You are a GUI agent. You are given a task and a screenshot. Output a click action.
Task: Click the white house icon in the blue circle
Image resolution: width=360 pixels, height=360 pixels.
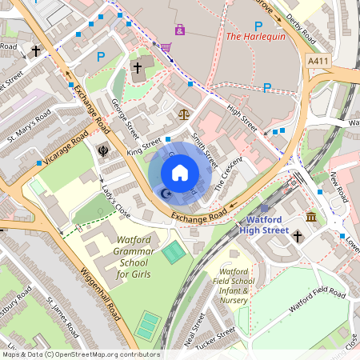(180, 172)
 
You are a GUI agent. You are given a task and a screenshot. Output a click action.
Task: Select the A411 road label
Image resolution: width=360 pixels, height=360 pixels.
(317, 60)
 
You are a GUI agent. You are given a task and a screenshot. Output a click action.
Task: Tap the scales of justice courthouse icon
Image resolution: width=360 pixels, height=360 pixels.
(186, 114)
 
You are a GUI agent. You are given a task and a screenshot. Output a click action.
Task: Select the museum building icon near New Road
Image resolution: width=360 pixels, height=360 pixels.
(311, 218)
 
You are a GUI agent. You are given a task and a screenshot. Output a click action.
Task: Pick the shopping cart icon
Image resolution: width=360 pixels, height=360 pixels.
(166, 48)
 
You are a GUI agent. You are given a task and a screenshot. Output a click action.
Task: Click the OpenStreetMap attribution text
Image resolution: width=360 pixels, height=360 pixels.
(80, 354)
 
